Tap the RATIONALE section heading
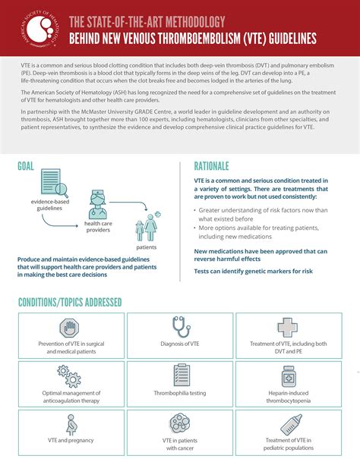pos(219,165)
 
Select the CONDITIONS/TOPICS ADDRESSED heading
pos(70,303)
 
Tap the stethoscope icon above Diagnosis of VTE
pos(180,327)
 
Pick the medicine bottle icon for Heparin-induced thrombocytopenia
pos(289,376)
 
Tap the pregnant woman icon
pos(71,424)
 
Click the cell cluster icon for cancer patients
pos(180,423)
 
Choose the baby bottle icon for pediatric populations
pos(289,423)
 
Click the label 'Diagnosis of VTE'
pos(180,344)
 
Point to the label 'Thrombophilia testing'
pos(180,394)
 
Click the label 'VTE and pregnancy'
pos(71,440)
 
